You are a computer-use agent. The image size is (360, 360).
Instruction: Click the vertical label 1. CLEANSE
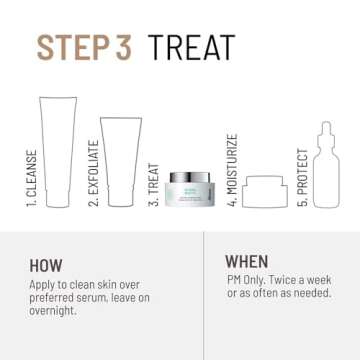[30, 178]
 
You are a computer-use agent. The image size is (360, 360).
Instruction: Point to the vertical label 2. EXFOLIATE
[93, 172]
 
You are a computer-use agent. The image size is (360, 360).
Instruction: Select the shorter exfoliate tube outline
[120, 159]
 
